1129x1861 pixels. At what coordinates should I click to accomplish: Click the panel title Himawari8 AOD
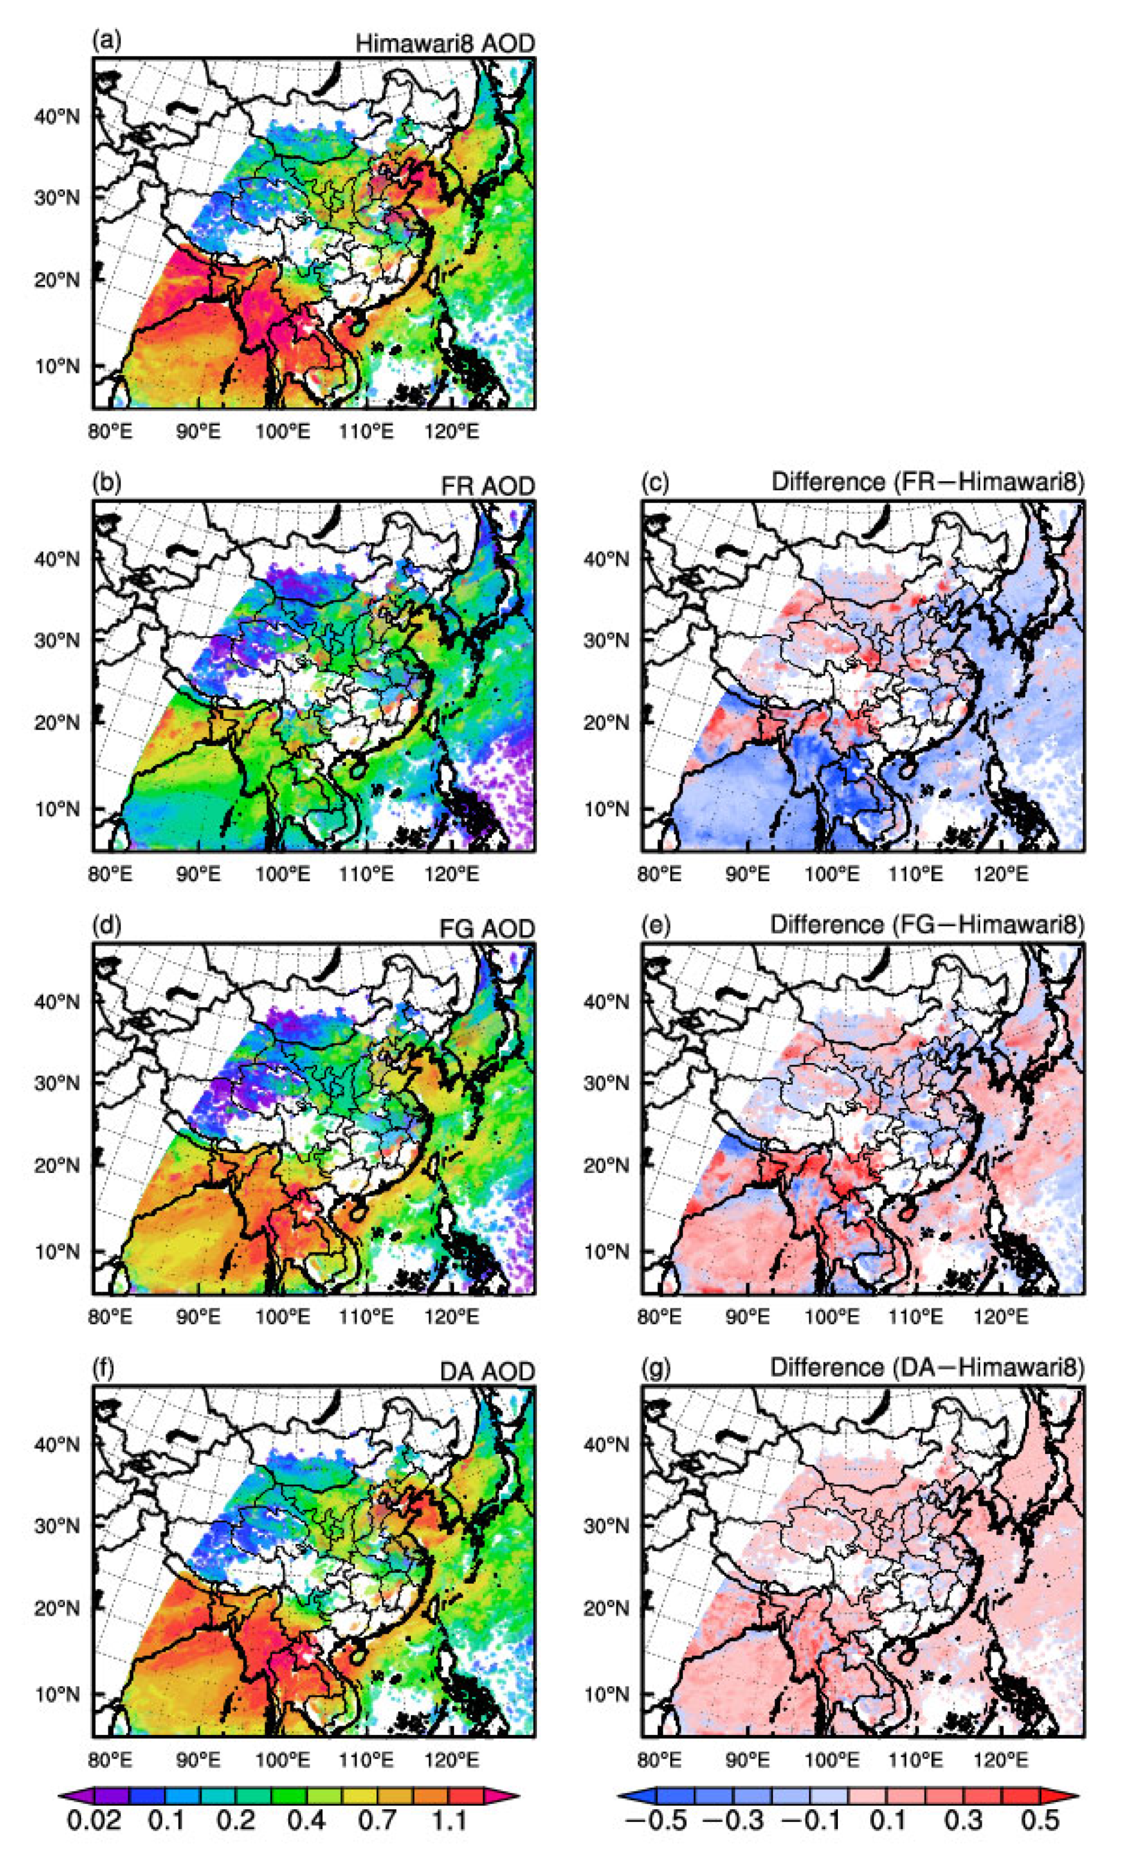point(445,43)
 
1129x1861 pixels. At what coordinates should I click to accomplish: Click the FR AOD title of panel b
point(488,486)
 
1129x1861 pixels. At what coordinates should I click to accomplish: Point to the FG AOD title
point(487,929)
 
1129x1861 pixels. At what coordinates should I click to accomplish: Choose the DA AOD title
point(487,1371)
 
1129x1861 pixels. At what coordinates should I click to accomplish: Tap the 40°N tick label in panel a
point(56,117)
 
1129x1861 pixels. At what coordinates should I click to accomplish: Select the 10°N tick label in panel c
point(606,809)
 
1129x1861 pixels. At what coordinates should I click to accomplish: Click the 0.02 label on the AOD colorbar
point(93,1836)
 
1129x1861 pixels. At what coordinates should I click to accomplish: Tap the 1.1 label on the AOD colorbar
point(449,1836)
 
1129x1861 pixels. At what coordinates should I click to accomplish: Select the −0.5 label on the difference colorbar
point(655,1836)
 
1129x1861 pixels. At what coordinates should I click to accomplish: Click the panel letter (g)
point(655,1367)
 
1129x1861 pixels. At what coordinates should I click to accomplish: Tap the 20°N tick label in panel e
point(606,1166)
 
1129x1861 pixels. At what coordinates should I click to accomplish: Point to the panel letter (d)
point(106,925)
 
